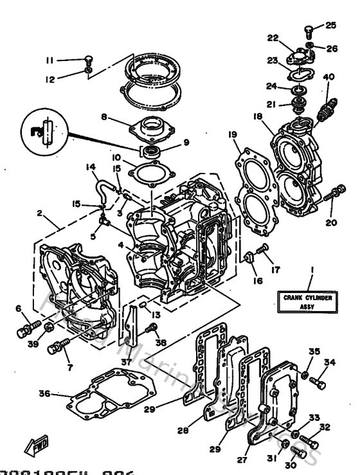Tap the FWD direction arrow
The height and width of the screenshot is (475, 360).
point(36,444)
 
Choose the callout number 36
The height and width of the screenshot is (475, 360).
point(43,394)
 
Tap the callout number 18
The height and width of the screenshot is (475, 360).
point(258,117)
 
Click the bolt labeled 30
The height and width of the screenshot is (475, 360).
point(299,449)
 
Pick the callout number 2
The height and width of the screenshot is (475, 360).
point(39,213)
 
